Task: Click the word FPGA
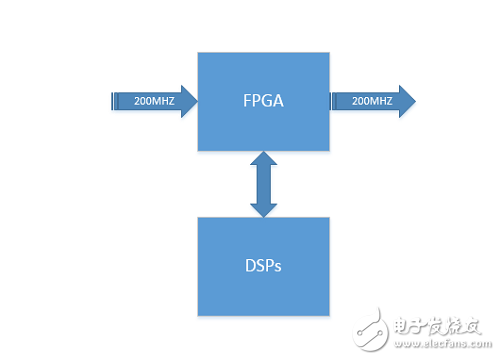tap(262, 101)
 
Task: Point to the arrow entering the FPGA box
tap(150, 101)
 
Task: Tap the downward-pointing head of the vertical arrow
tap(262, 209)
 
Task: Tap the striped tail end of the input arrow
tap(111, 101)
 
